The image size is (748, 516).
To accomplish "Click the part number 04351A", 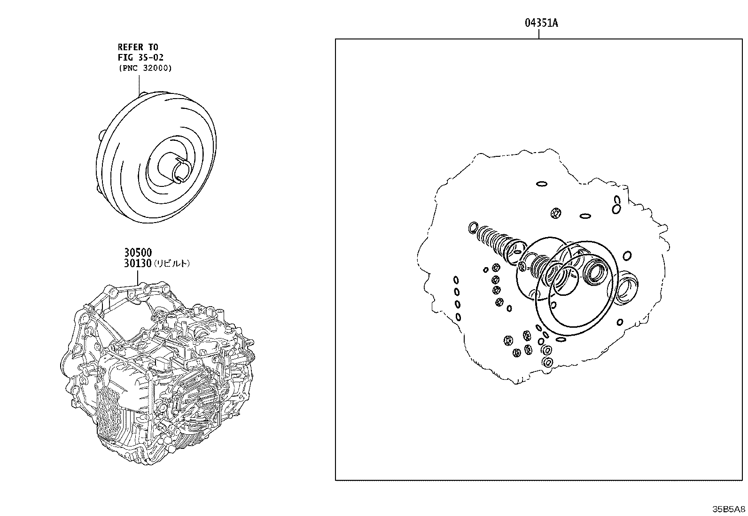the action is pyautogui.click(x=541, y=23).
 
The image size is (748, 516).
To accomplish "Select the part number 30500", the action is pyautogui.click(x=138, y=252).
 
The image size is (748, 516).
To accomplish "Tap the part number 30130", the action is pyautogui.click(x=138, y=263).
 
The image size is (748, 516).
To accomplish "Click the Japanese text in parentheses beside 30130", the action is pyautogui.click(x=171, y=264).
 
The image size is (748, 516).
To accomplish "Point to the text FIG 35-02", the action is pyautogui.click(x=140, y=57).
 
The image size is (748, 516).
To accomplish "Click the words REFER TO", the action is pyautogui.click(x=138, y=47).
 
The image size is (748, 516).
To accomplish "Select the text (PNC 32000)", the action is pyautogui.click(x=145, y=68).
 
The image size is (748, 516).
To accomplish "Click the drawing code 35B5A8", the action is pyautogui.click(x=729, y=509).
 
